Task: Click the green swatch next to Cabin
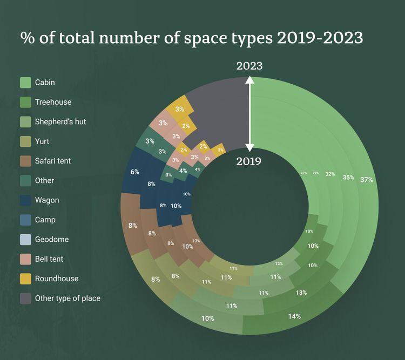point(25,83)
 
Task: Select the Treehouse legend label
point(53,102)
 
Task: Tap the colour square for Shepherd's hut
point(25,121)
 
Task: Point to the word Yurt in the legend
point(43,141)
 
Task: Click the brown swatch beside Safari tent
point(25,161)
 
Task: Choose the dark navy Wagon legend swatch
point(25,200)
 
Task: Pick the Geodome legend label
point(52,239)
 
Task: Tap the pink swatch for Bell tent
point(25,259)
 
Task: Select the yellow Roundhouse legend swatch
point(25,279)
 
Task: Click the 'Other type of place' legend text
point(67,298)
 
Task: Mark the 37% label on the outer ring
point(367,180)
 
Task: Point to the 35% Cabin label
point(348,178)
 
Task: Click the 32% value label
point(330,175)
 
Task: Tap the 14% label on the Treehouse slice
point(294,316)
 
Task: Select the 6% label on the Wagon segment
point(135,172)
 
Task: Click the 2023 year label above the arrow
point(249,66)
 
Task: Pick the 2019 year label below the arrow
point(249,161)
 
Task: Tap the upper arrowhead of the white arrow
point(249,80)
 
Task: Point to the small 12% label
point(279,263)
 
